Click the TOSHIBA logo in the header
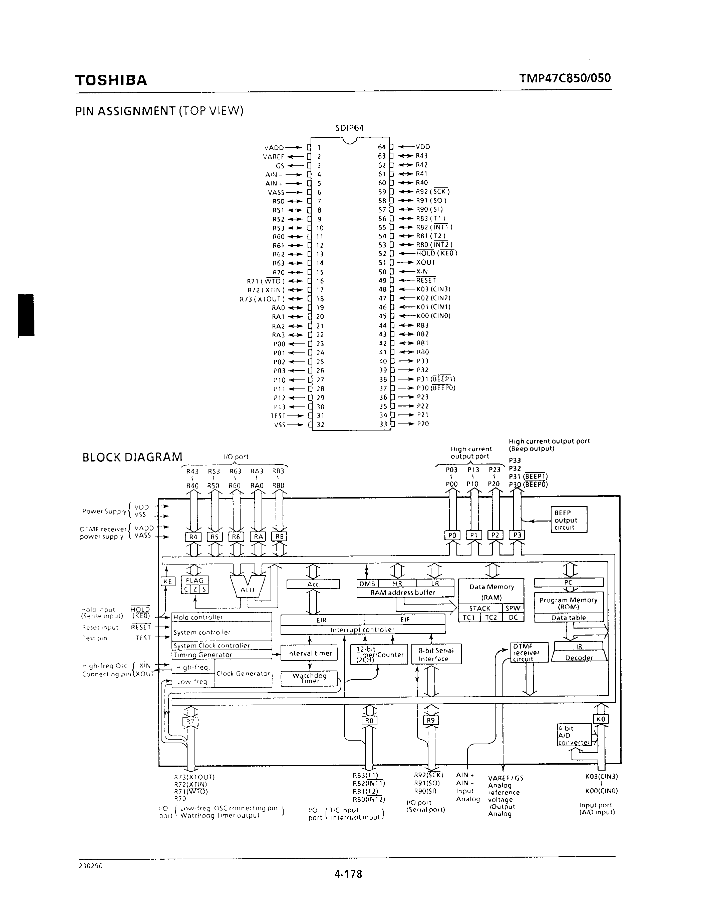[111, 80]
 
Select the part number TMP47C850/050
[565, 78]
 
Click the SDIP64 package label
[349, 128]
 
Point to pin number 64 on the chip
[381, 147]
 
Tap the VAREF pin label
[274, 157]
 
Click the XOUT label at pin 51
[425, 262]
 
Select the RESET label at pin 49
[426, 280]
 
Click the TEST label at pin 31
[278, 416]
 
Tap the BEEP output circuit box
[569, 520]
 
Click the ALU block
[247, 590]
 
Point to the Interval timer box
[309, 653]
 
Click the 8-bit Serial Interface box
[436, 654]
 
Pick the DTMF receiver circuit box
[529, 653]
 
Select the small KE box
[167, 581]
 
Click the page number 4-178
[348, 874]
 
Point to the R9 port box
[430, 721]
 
